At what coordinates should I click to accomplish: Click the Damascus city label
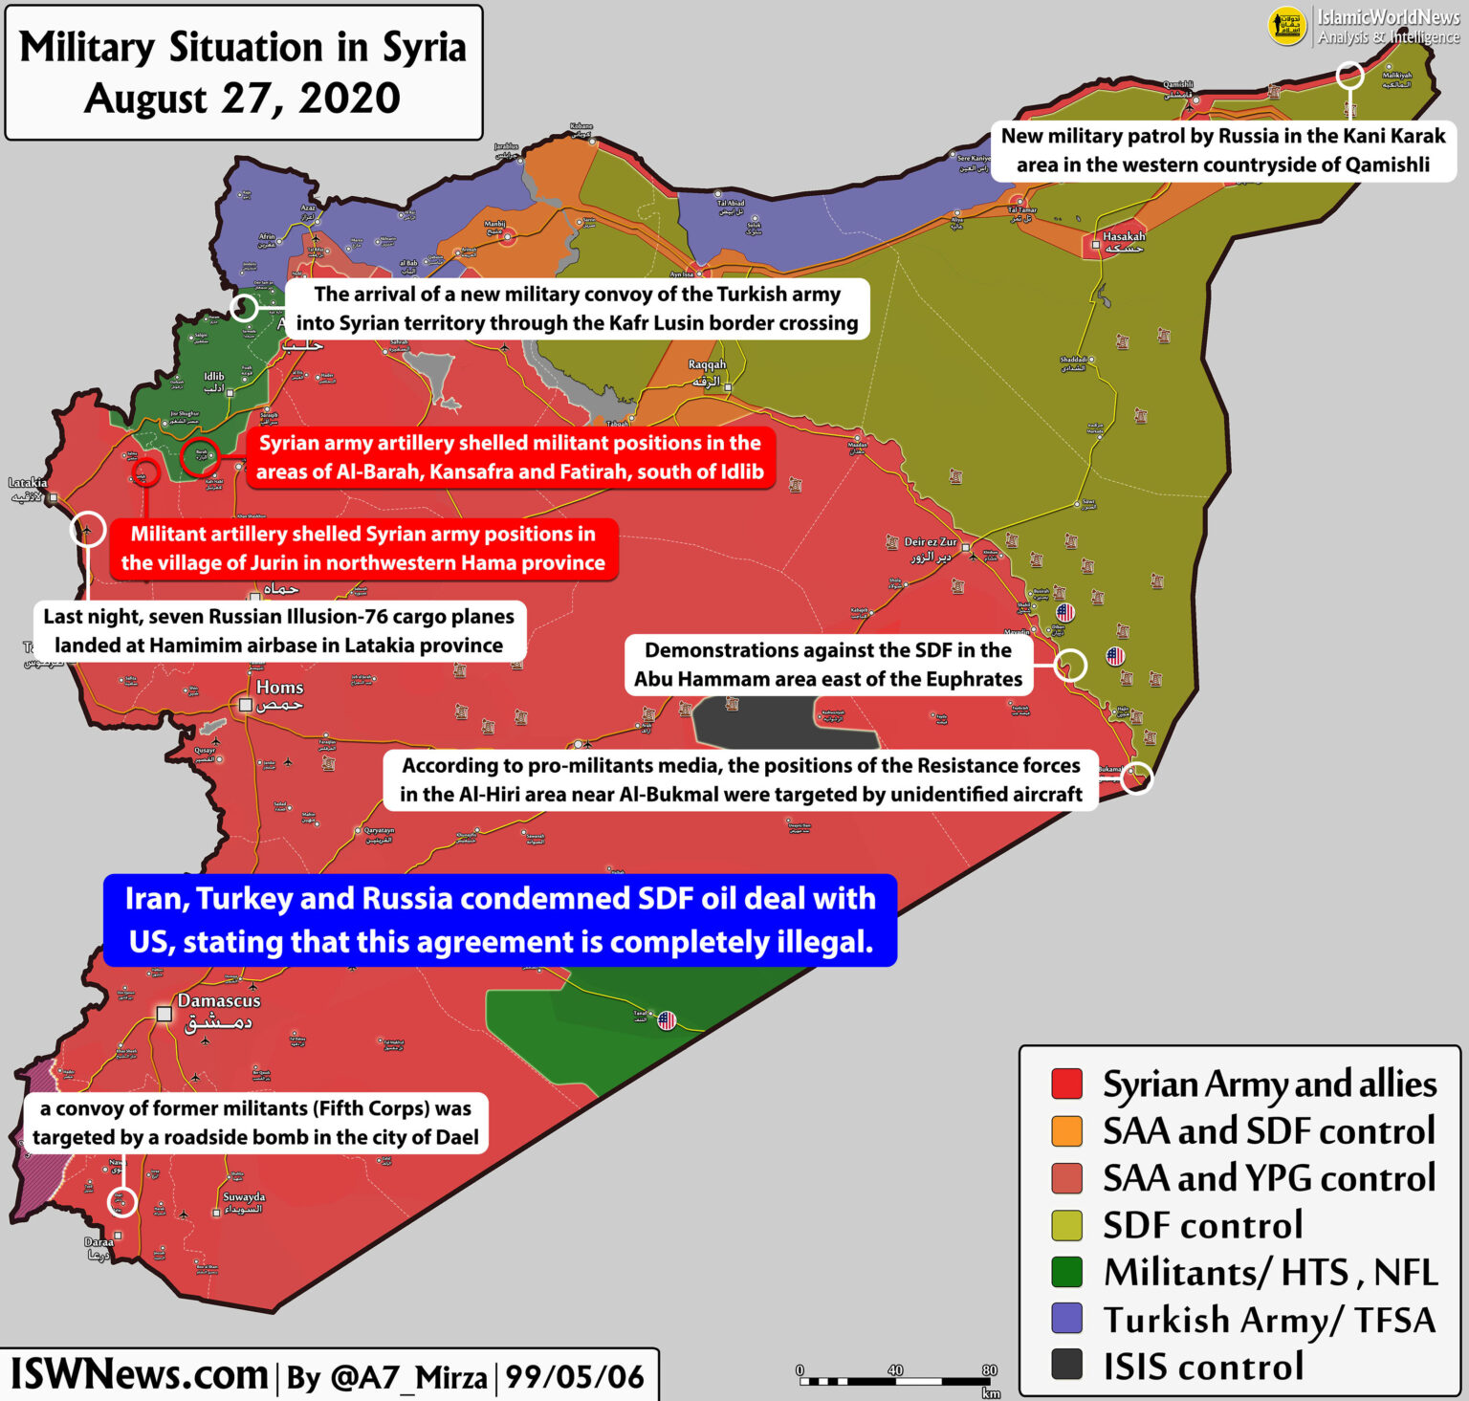(x=219, y=1001)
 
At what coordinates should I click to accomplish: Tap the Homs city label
(x=279, y=688)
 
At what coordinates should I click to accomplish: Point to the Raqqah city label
(x=708, y=364)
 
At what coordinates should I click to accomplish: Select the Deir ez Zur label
(x=930, y=542)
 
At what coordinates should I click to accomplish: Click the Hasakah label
(x=1124, y=236)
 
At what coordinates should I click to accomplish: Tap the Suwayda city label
(x=244, y=1197)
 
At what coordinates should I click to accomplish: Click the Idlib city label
(x=213, y=377)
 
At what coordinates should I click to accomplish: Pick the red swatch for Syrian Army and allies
(x=1066, y=1084)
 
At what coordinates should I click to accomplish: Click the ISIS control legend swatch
(x=1066, y=1365)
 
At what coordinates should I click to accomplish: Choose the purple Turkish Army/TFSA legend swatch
(x=1066, y=1318)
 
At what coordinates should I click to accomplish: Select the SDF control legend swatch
(x=1066, y=1225)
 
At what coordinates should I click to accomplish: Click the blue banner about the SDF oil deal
(x=500, y=920)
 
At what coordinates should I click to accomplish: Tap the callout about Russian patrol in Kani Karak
(x=1223, y=150)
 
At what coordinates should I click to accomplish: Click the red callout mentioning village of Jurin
(x=363, y=548)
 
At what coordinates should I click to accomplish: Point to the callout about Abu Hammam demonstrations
(x=828, y=665)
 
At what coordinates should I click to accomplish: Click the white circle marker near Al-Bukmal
(x=1137, y=777)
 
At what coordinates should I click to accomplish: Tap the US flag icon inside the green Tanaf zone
(x=667, y=1020)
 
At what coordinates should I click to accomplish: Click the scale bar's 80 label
(x=989, y=1370)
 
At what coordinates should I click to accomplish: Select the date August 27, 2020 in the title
(x=243, y=99)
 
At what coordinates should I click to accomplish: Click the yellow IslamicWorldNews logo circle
(x=1287, y=27)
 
